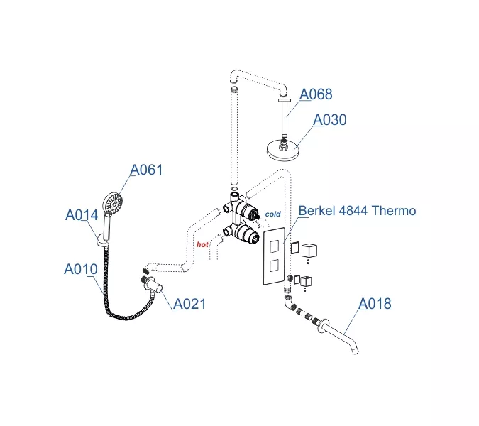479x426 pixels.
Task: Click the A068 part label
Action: tap(316, 94)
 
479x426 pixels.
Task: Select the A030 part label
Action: tap(330, 120)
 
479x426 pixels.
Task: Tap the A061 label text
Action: tap(146, 170)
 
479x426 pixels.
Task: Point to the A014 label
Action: tap(82, 215)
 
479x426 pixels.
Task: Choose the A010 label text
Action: tap(80, 270)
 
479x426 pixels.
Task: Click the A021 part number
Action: tap(189, 304)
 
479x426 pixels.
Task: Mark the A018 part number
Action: tap(374, 304)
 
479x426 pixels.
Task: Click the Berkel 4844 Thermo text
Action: tap(357, 211)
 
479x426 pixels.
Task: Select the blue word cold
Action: tap(272, 214)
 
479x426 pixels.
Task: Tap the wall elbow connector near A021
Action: tap(153, 288)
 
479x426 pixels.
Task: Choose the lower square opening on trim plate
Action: tap(274, 266)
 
